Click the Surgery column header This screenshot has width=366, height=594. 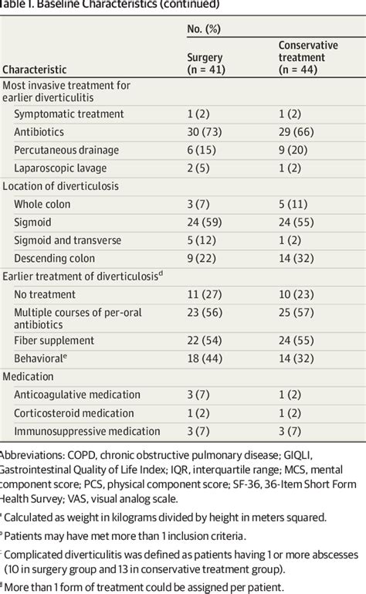click(205, 63)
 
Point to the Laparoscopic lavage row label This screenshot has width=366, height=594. click(60, 168)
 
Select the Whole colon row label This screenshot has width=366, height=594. click(42, 204)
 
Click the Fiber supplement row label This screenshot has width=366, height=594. click(56, 341)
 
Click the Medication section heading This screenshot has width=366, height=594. click(28, 376)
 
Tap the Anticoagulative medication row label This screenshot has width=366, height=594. click(77, 395)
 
